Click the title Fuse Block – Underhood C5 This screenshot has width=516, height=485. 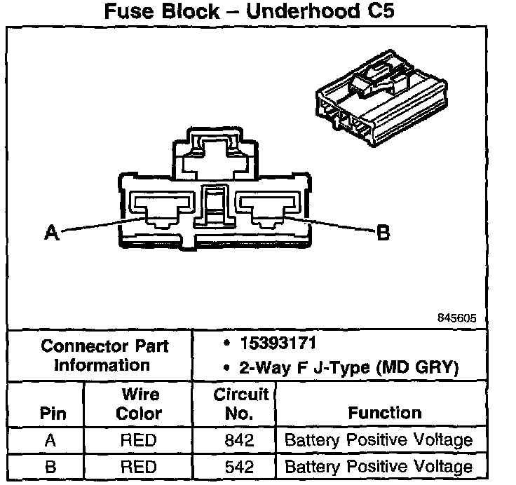click(x=249, y=11)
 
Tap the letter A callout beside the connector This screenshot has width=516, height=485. click(x=52, y=233)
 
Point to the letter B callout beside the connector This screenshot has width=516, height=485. click(x=383, y=233)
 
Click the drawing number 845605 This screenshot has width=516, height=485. click(x=456, y=318)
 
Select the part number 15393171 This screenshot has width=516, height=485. click(x=278, y=343)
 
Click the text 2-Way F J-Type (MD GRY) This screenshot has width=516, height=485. click(x=349, y=367)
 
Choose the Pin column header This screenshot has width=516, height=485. click(x=53, y=414)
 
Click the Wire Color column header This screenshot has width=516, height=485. click(x=139, y=404)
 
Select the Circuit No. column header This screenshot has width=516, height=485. click(x=240, y=404)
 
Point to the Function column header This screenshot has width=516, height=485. click(x=385, y=413)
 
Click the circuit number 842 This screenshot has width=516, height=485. click(x=239, y=440)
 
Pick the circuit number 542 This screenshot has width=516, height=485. click(x=239, y=467)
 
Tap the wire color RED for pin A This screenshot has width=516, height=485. click(x=138, y=440)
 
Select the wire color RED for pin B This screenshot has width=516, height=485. click(x=138, y=467)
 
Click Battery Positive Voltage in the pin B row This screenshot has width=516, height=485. click(x=379, y=467)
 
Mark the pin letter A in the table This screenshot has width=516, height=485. click(x=50, y=440)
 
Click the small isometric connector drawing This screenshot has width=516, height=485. click(x=381, y=98)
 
